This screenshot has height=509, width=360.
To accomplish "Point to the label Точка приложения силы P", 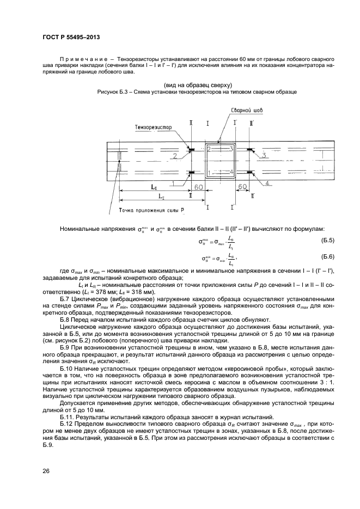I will click(x=151, y=210).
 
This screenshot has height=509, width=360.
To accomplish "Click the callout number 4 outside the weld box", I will click(x=269, y=183).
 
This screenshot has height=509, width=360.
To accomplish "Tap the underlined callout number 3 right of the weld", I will click(x=263, y=156).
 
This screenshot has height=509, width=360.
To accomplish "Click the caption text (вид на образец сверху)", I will click(x=198, y=85).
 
